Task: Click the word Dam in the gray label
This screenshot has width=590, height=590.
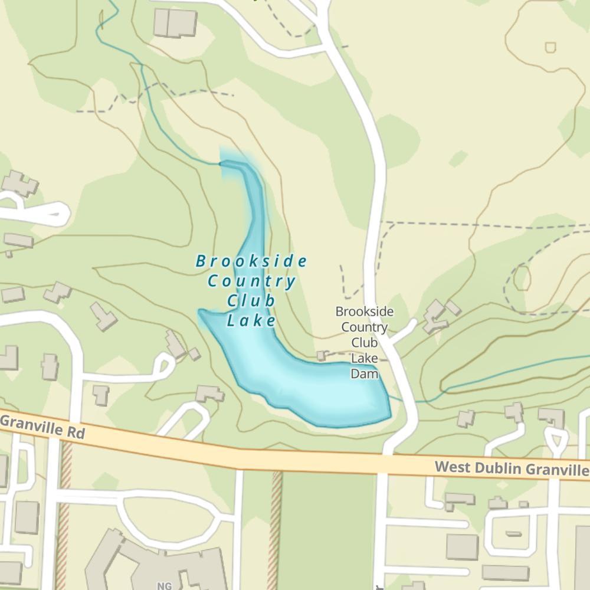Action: pyautogui.click(x=364, y=373)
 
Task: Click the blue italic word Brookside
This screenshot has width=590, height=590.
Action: pyautogui.click(x=251, y=261)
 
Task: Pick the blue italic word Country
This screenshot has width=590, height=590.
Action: pyautogui.click(x=251, y=281)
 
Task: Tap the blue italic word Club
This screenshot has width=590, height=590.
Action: pyautogui.click(x=251, y=301)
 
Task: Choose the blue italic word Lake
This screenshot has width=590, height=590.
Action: pyautogui.click(x=251, y=321)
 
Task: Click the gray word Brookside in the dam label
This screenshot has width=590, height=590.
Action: pyautogui.click(x=364, y=312)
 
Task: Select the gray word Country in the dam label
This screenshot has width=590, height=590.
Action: pyautogui.click(x=364, y=327)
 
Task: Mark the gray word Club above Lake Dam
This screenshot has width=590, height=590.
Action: pyautogui.click(x=364, y=342)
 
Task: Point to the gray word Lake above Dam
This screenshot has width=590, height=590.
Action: pyautogui.click(x=364, y=358)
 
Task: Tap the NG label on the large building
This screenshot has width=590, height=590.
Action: pyautogui.click(x=164, y=586)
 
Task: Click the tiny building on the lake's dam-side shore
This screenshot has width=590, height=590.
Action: pyautogui.click(x=321, y=356)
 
